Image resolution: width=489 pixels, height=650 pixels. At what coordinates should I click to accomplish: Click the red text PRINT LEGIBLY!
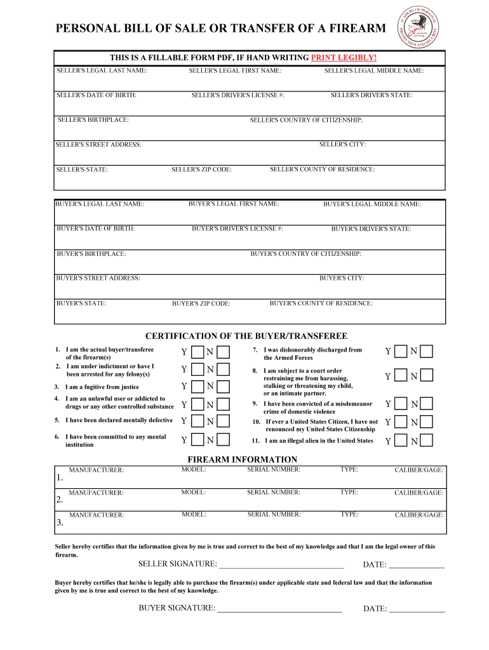(x=344, y=58)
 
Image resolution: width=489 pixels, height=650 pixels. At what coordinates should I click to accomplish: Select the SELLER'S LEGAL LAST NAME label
(x=102, y=70)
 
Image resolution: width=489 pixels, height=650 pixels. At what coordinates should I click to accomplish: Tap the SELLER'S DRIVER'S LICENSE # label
(x=238, y=95)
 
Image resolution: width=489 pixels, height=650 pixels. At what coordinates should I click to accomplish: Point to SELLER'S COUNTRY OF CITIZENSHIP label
(x=306, y=120)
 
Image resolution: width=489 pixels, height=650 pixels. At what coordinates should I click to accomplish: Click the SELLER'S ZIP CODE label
(x=201, y=170)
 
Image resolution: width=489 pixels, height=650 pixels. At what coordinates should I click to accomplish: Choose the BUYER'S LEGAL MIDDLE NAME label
(x=372, y=204)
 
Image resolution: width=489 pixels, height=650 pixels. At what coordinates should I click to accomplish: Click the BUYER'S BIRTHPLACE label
(x=91, y=254)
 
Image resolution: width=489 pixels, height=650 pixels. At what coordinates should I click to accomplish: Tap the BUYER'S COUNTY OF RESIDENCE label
(x=321, y=303)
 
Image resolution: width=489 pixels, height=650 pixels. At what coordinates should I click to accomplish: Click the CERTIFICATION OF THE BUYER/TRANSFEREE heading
(x=246, y=336)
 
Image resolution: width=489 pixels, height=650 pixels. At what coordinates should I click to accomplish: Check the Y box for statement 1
(x=198, y=352)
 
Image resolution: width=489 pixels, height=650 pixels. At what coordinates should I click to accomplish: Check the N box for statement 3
(x=224, y=387)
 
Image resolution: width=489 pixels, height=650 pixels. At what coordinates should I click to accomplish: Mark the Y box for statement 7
(x=401, y=352)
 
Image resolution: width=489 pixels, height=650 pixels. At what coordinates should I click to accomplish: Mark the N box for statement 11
(x=426, y=441)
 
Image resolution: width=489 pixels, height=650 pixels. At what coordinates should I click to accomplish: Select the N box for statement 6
(x=224, y=440)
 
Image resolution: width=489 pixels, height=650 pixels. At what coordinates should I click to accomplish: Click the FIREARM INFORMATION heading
(x=242, y=460)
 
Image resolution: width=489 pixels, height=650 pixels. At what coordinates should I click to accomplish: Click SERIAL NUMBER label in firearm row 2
(x=274, y=493)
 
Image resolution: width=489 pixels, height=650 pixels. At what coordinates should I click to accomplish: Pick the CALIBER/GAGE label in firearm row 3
(x=419, y=515)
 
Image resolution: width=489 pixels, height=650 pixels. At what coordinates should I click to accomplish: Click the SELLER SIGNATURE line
(x=280, y=565)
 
